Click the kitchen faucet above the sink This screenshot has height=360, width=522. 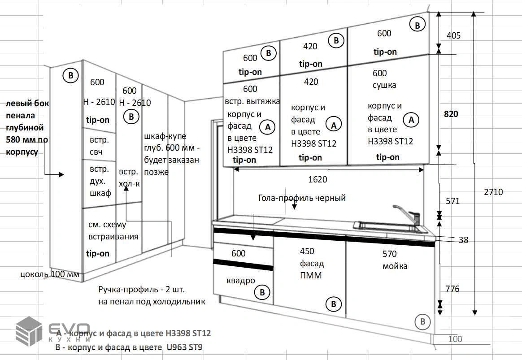(x=406, y=214)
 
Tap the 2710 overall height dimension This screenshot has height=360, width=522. (x=493, y=192)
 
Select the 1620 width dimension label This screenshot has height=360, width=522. (x=318, y=179)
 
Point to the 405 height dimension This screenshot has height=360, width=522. (x=453, y=35)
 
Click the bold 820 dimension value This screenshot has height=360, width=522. (x=451, y=114)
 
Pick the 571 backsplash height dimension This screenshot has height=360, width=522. (x=452, y=201)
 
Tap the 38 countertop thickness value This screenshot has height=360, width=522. (x=463, y=240)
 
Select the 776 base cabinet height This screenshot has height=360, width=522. (x=452, y=289)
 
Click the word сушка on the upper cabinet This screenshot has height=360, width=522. (x=384, y=85)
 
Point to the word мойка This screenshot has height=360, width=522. (x=395, y=266)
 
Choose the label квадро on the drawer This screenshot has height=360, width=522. (x=241, y=281)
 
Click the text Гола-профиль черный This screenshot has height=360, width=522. (x=302, y=198)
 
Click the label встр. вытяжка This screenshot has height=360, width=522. (x=252, y=101)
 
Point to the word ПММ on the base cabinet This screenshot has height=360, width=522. (x=311, y=275)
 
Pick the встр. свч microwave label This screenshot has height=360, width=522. (x=99, y=146)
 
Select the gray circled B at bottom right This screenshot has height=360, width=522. (x=422, y=321)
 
